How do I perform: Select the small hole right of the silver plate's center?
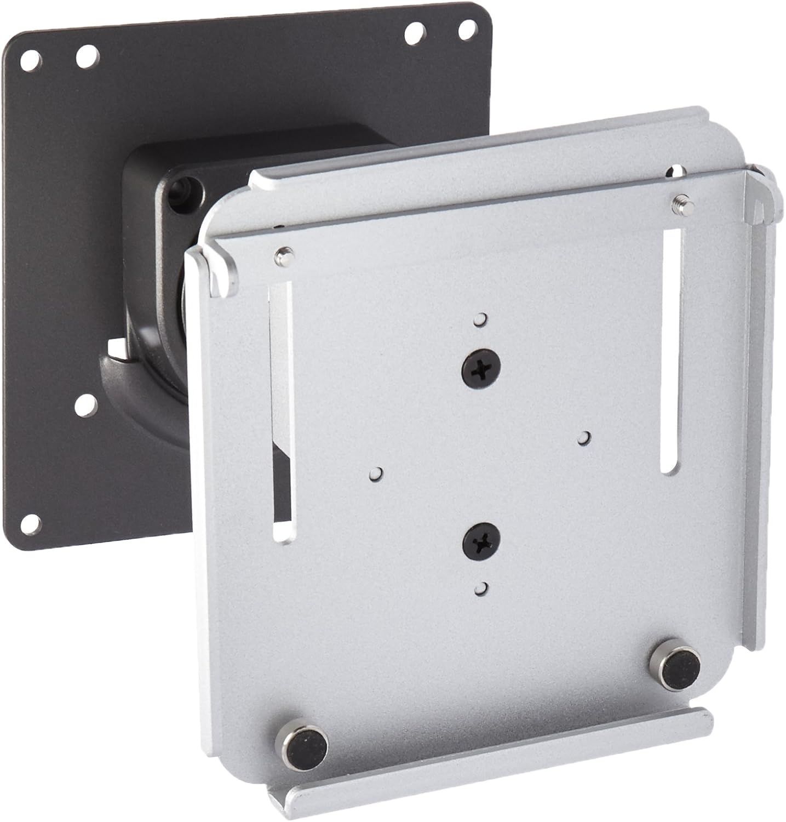tap(585, 437)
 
